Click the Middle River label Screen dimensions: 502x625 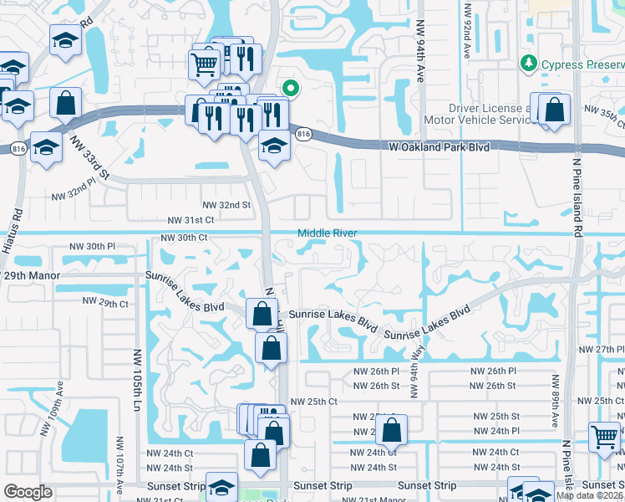point(328,233)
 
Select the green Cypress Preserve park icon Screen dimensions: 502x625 point(527,64)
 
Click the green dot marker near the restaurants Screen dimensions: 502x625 point(290,87)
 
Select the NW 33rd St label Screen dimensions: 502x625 point(90,157)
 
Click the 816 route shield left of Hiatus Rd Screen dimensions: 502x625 point(18,148)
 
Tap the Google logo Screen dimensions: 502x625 point(28,492)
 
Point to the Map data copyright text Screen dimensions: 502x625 point(589,495)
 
